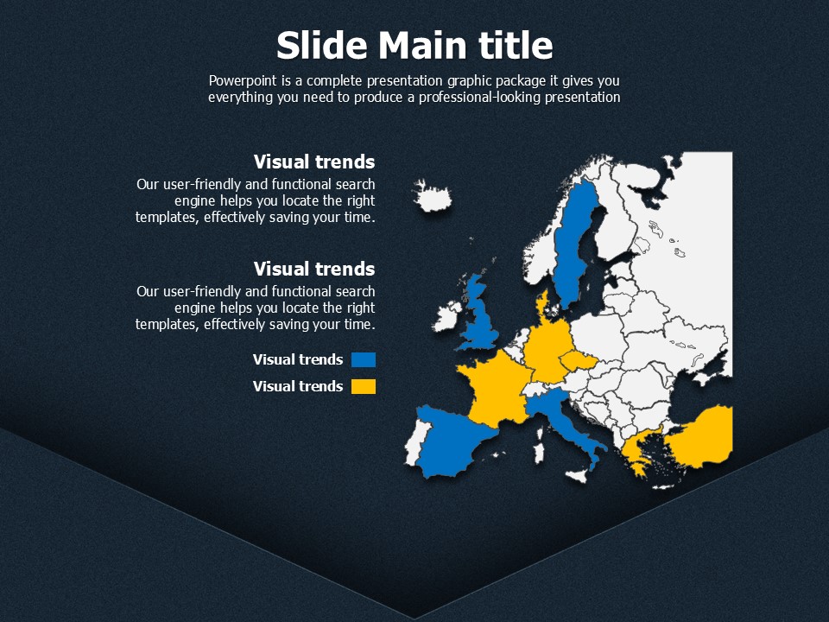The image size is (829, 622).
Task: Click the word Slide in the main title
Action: [x=321, y=45]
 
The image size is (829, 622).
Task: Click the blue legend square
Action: [x=364, y=360]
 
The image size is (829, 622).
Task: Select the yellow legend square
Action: [x=364, y=387]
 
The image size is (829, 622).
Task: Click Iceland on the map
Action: [x=433, y=197]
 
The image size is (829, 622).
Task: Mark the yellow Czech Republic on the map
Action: [x=579, y=361]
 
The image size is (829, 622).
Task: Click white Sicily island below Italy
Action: [x=578, y=475]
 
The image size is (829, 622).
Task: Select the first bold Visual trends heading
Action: [x=314, y=162]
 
